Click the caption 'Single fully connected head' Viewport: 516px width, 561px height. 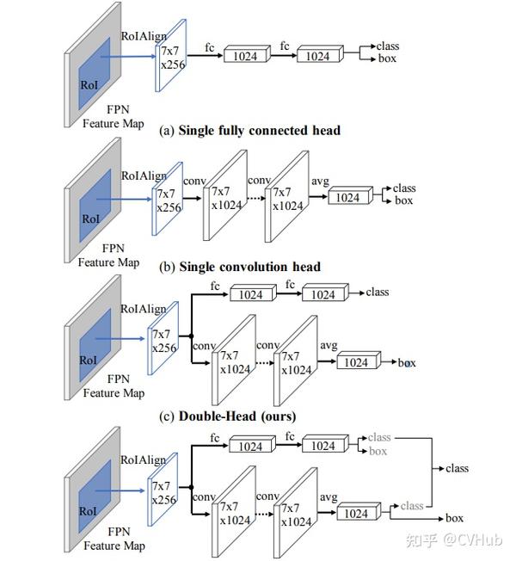tap(259, 131)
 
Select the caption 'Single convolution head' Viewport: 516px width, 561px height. tap(249, 267)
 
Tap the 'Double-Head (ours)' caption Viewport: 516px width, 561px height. tap(237, 416)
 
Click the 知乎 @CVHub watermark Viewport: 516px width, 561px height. tap(454, 539)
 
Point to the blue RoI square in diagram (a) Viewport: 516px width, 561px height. tap(95, 73)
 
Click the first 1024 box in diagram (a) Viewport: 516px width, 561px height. tap(247, 54)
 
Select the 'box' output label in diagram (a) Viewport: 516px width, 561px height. tap(387, 59)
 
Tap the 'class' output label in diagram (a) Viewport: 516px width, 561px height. tap(388, 46)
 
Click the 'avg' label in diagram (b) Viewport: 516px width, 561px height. tap(320, 181)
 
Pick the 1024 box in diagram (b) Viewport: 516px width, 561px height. tap(350, 196)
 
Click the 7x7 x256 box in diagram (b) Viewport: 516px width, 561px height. tap(168, 199)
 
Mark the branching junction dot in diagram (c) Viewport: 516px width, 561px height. tap(191, 336)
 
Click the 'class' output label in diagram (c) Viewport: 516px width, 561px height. tap(378, 293)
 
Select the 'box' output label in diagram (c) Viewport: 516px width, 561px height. tap(407, 363)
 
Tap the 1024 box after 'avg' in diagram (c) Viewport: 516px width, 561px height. tap(359, 361)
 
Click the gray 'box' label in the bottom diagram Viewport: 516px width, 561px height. tap(378, 451)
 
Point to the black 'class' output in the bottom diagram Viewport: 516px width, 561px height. tap(457, 468)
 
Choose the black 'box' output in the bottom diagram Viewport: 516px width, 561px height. tap(454, 518)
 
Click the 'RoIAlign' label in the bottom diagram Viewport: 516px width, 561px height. tap(143, 460)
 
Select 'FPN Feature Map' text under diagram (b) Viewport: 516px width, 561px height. tap(108, 255)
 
